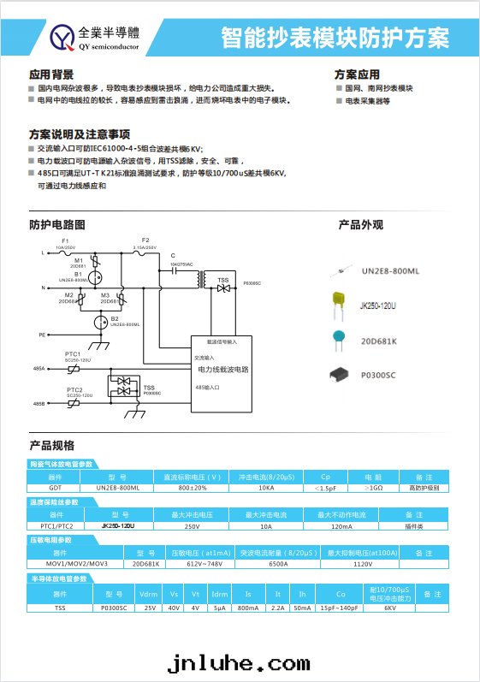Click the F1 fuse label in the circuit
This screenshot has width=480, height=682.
pos(65,241)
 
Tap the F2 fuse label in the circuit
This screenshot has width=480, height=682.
pos(145,240)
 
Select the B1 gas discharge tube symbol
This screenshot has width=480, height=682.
pos(97,276)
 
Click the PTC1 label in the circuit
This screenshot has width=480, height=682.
pos(74,353)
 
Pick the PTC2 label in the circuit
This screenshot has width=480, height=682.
pos(74,389)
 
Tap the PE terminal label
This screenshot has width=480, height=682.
pos(42,336)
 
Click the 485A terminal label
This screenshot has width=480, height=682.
pos(39,368)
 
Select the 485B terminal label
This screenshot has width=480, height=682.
pos(39,403)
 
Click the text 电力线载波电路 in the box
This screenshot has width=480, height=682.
pos(223,370)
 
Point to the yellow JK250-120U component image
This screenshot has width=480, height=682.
pos(340,301)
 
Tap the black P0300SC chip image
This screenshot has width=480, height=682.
pos(341,374)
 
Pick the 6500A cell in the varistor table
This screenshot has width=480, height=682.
pos(278,564)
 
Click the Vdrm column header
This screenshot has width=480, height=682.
pos(150,593)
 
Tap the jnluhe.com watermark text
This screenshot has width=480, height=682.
pos(239,663)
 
